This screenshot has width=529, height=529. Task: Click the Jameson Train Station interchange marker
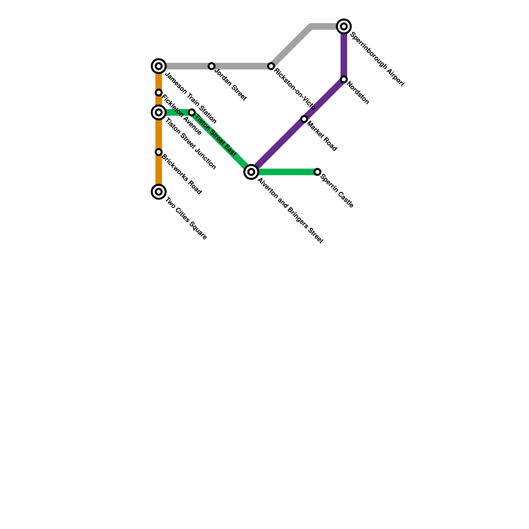159,66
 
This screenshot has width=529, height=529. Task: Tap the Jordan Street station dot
212,66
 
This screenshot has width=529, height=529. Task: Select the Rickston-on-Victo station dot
271,66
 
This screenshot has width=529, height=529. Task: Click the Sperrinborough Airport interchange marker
344,26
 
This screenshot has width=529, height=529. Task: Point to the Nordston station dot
344,79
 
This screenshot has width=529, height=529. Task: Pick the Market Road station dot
304,119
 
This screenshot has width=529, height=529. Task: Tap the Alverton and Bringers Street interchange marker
251,172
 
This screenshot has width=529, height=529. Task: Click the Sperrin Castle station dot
317,172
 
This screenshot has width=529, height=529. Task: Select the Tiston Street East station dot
192,112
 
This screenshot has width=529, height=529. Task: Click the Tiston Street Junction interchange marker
159,112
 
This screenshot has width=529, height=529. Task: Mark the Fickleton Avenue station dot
159,93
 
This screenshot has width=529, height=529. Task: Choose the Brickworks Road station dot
159,152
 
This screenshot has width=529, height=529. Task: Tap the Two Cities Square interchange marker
159,192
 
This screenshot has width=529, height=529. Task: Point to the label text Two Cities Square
186,219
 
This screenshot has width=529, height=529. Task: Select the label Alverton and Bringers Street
290,211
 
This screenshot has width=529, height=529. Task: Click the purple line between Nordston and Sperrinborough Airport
344,53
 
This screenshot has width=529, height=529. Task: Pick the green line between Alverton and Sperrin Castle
284,172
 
